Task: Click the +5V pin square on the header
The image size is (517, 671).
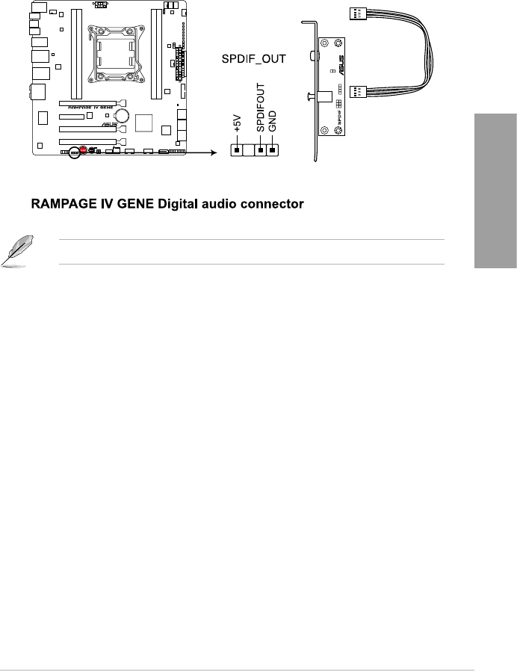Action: (x=237, y=150)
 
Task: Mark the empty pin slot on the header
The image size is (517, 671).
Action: (x=249, y=150)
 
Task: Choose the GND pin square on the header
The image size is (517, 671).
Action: (x=273, y=150)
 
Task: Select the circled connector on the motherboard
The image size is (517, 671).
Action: (x=73, y=151)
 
